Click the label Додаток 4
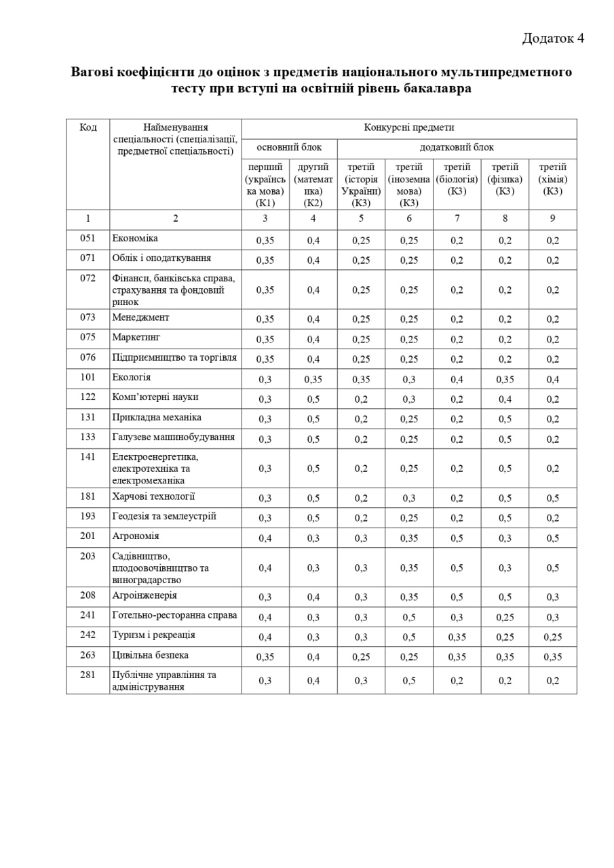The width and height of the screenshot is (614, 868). (553, 38)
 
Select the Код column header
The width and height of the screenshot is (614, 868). (88, 127)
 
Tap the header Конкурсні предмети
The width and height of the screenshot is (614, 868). (409, 127)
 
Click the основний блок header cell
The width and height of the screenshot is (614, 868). (289, 147)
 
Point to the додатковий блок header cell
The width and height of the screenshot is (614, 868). (457, 147)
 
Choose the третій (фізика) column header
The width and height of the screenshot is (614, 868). (505, 179)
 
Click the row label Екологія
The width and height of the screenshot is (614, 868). (132, 377)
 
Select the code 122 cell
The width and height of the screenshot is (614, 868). (88, 397)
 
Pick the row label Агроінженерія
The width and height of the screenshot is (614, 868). (145, 595)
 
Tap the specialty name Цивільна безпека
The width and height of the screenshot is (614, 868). (150, 655)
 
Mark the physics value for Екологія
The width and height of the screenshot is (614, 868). (505, 380)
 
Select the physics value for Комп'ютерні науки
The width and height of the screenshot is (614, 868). (505, 399)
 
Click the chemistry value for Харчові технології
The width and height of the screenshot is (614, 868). (553, 498)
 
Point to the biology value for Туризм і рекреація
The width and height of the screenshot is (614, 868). (457, 637)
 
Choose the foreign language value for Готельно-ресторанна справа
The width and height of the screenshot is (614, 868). (409, 618)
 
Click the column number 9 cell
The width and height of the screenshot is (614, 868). (553, 218)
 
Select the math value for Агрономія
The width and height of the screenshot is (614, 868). (313, 538)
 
